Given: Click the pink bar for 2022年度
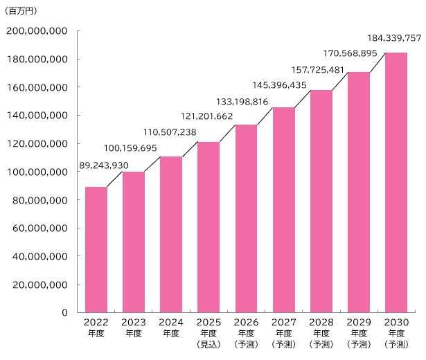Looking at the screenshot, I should click(x=96, y=249).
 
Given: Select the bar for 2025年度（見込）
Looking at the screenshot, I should click(x=208, y=227).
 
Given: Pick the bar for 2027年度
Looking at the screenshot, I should click(x=283, y=210).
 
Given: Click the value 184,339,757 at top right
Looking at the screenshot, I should click(x=393, y=37).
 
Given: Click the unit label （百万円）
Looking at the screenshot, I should click(x=23, y=11).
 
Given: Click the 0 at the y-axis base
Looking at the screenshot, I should click(x=64, y=313).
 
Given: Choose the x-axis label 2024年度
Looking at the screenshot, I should click(x=170, y=327).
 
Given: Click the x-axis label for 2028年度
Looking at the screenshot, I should click(x=321, y=327).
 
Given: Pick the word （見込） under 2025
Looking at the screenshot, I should click(x=208, y=344).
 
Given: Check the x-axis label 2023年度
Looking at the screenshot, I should click(x=133, y=327).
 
